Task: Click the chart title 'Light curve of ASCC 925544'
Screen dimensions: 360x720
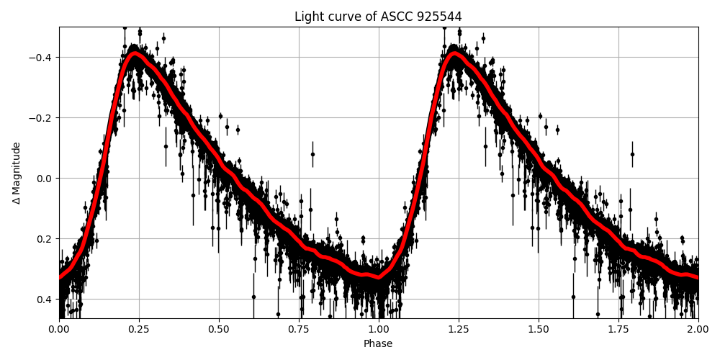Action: [378, 17]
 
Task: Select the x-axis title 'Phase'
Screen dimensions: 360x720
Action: [378, 344]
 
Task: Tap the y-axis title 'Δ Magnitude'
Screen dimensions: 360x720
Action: [17, 173]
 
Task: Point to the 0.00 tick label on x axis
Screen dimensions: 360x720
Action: [59, 329]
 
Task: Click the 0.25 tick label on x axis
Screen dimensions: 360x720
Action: [139, 329]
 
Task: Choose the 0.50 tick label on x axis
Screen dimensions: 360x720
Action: [219, 329]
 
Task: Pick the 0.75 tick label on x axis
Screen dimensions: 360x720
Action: [299, 329]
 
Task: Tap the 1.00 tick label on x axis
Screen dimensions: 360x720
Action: [379, 329]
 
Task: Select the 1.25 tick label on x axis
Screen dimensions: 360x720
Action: [459, 329]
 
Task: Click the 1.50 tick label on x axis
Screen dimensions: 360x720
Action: [539, 329]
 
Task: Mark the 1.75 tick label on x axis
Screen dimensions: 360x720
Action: [618, 329]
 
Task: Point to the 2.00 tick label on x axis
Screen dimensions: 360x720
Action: [698, 329]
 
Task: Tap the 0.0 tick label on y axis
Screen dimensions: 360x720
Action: [45, 179]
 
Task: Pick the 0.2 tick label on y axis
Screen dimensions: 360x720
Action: [45, 239]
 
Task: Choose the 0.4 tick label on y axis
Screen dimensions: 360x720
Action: [45, 300]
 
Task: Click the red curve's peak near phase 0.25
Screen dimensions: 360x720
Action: [135, 53]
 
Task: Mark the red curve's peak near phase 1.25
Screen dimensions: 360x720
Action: [454, 53]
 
